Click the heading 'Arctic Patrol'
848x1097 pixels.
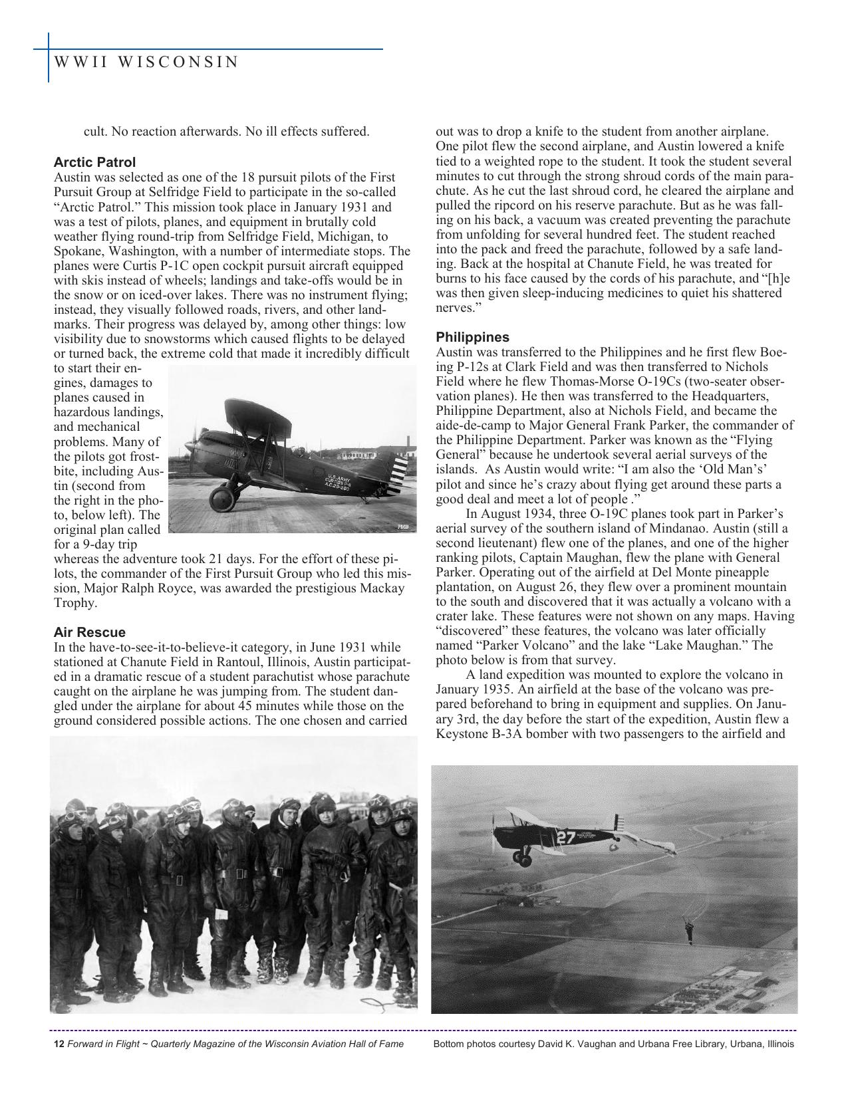point(94,162)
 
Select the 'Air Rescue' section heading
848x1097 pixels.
point(89,632)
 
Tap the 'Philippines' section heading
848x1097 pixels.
point(473,337)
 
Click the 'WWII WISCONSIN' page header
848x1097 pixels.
point(146,62)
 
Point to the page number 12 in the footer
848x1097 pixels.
point(59,1044)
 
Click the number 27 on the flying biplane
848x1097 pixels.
point(565,838)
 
